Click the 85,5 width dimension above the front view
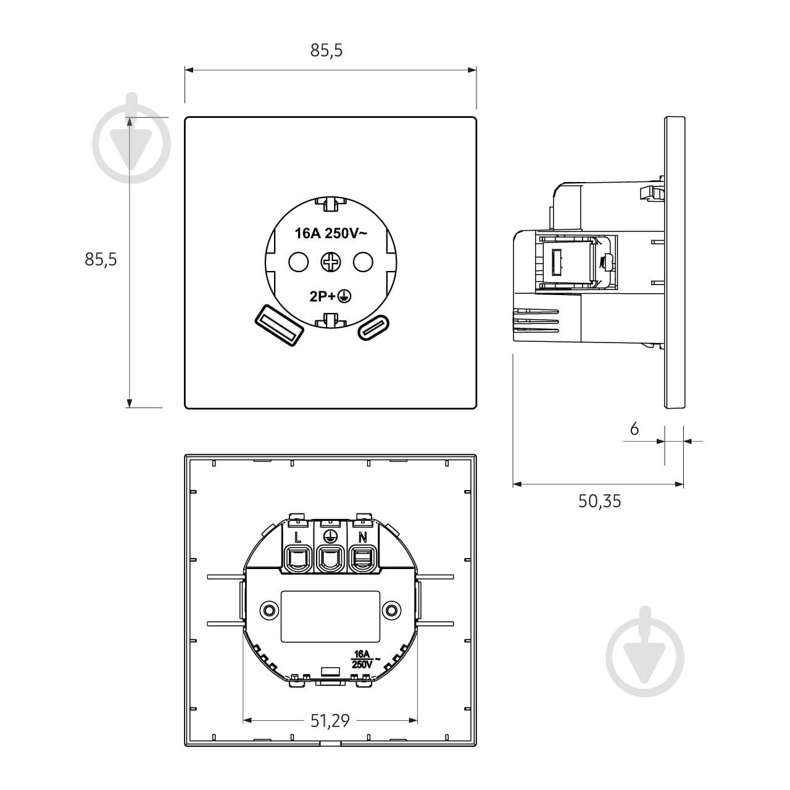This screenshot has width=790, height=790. tap(326, 50)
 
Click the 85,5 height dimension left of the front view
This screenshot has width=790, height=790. tap(101, 259)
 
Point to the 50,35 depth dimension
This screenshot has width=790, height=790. tap(599, 501)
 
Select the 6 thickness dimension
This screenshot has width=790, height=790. tap(634, 429)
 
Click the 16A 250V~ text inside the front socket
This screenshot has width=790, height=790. tap(331, 233)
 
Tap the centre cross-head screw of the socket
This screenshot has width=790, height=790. tap(331, 262)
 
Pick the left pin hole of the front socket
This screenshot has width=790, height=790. tap(299, 262)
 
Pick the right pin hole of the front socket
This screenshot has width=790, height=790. tap(364, 262)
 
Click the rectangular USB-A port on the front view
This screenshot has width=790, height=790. tap(279, 325)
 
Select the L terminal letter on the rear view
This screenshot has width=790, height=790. tap(298, 537)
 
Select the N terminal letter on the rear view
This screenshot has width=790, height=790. tap(362, 537)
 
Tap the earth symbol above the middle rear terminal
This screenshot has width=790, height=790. tap(330, 534)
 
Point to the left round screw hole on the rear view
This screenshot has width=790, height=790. tap(269, 610)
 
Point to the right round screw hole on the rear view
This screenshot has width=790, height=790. tap(391, 610)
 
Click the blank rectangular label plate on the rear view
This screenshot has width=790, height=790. tap(330, 616)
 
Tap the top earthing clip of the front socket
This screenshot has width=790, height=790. tap(331, 204)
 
